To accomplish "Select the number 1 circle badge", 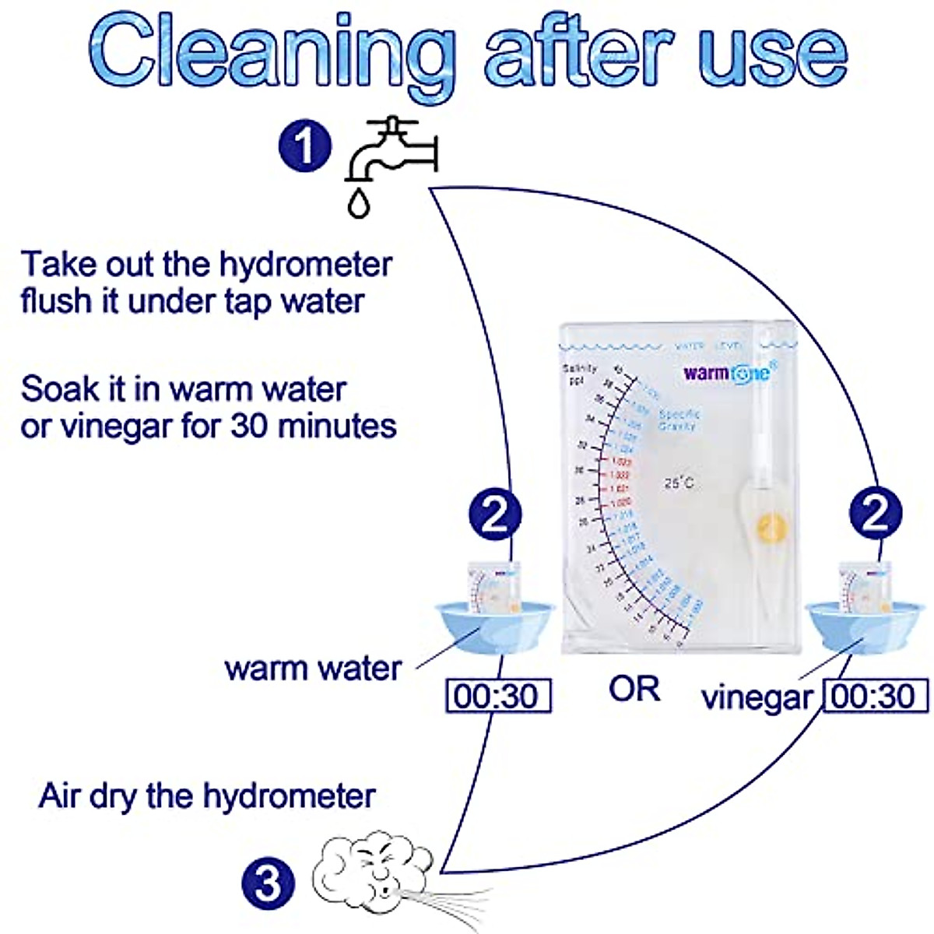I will (x=304, y=146).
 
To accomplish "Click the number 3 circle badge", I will (x=267, y=883).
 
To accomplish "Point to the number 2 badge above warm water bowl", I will (x=495, y=513).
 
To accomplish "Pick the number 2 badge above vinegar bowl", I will (x=876, y=513).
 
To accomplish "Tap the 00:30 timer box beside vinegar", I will (x=876, y=696).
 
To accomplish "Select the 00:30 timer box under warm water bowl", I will (x=497, y=696).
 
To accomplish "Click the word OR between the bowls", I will (x=634, y=689).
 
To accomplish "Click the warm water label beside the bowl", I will (x=313, y=669).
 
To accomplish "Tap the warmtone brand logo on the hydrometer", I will (x=726, y=373).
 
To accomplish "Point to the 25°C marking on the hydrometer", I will (x=679, y=483).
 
